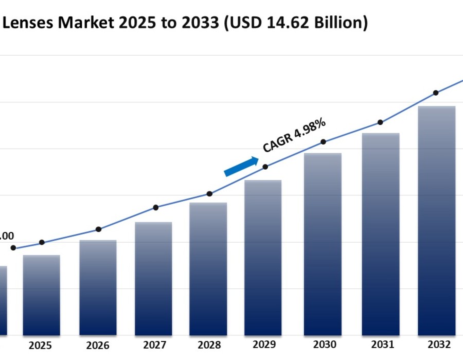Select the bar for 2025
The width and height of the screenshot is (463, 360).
pos(41,296)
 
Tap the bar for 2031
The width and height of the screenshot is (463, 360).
pos(381,235)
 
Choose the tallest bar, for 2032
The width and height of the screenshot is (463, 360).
pos(437,221)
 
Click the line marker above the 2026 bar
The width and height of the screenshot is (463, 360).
pos(98,229)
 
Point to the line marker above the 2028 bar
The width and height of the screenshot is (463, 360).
pos(209,194)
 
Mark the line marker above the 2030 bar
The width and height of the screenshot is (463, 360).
pos(323,142)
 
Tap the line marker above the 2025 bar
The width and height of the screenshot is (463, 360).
pos(42,242)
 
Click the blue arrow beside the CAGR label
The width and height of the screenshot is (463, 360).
pos(241,167)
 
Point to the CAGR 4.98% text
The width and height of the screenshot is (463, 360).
pos(294,135)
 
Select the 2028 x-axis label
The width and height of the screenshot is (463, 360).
pos(209,345)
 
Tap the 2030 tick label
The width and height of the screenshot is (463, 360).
pos(324,345)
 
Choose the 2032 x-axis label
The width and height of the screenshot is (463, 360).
pos(438,345)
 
